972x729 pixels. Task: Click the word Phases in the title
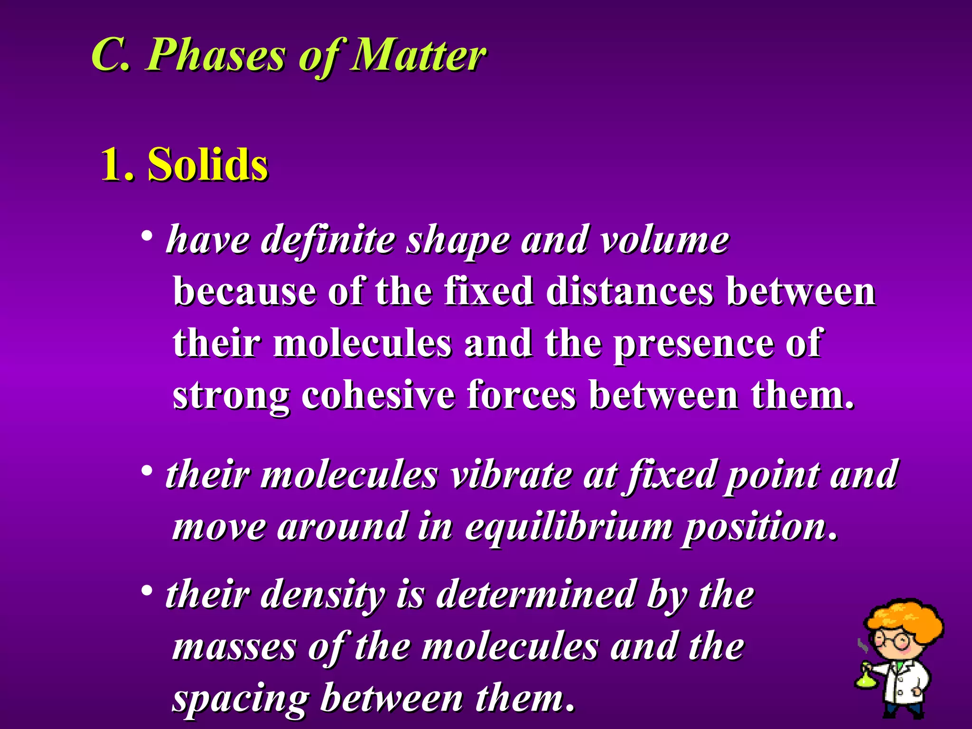coord(216,56)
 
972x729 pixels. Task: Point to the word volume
coord(664,240)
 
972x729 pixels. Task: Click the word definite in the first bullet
coord(327,240)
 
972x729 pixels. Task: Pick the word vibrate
coord(511,475)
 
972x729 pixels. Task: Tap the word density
coord(323,595)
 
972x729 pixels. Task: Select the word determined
coord(536,595)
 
